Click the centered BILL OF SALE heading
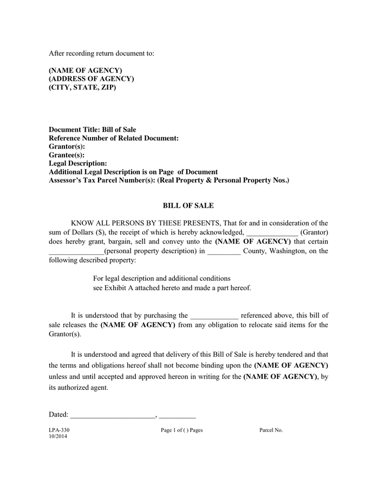click(x=188, y=206)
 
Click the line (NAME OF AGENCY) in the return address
click(x=86, y=70)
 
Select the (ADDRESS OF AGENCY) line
click(x=92, y=79)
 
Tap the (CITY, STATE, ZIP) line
click(x=82, y=87)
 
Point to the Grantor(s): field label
click(x=67, y=146)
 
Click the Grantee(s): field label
click(x=67, y=155)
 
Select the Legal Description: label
click(x=78, y=163)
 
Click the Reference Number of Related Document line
click(x=114, y=138)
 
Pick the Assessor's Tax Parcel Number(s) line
click(x=169, y=179)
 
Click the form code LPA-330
click(x=59, y=430)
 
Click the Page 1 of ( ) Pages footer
click(x=181, y=430)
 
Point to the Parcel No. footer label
click(x=271, y=430)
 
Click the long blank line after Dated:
click(x=113, y=416)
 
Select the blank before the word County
click(x=224, y=252)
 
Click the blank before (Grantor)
click(x=272, y=233)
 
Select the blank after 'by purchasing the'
click(x=214, y=316)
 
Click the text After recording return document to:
click(x=102, y=53)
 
